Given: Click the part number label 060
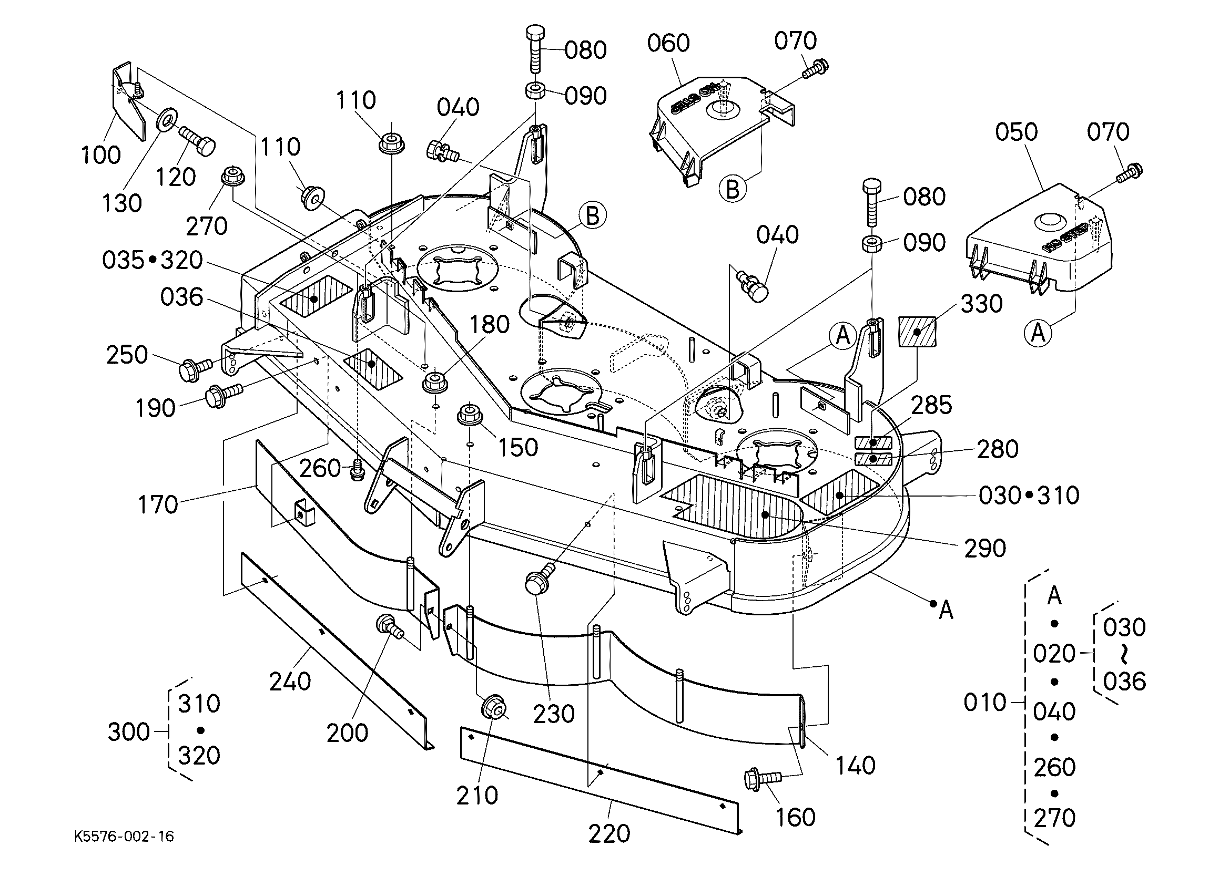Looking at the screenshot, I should [668, 43].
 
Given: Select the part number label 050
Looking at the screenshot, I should [1016, 132].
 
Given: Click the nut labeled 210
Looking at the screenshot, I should [493, 709].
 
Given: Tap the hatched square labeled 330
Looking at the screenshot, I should [917, 332].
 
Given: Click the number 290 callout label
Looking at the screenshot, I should [984, 548].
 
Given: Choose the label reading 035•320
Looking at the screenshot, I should [153, 261].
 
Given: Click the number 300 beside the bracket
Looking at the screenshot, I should [128, 731].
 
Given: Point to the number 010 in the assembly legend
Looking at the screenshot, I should [984, 703].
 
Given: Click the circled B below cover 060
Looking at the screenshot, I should [733, 189].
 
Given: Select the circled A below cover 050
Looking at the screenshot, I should [1038, 333].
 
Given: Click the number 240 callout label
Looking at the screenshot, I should [290, 682].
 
